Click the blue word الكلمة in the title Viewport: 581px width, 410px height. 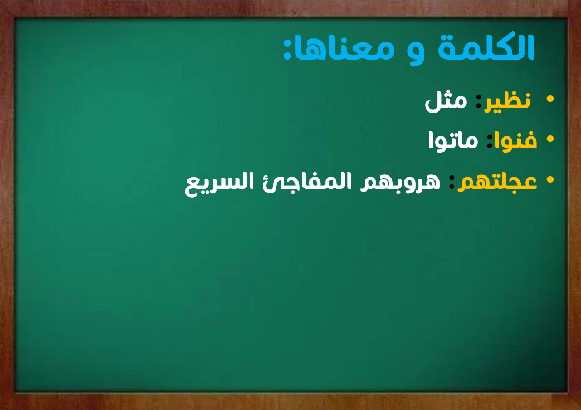(486, 47)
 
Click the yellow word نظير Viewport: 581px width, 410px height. (507, 101)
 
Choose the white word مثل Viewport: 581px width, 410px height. (446, 101)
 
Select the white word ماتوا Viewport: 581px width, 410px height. (453, 141)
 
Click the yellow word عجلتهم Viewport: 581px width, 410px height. (497, 182)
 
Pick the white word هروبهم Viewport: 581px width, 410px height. (400, 182)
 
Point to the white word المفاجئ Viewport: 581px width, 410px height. (307, 182)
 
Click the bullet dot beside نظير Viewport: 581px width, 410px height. (550, 99)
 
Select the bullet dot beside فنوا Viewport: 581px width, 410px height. (550, 139)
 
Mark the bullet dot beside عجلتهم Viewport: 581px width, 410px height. (550, 180)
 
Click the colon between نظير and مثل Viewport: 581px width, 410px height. (479, 102)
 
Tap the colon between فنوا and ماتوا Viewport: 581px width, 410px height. (490, 141)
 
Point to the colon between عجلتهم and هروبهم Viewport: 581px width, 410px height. (451, 182)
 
